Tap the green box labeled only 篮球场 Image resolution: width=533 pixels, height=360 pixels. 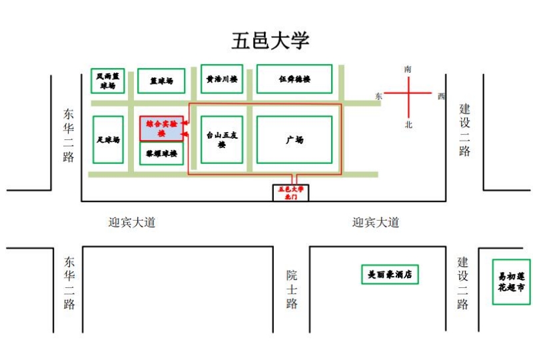pyautogui.click(x=161, y=81)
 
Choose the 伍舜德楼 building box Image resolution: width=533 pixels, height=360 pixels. pyautogui.click(x=294, y=79)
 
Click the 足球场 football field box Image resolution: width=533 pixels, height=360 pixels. pyautogui.click(x=108, y=140)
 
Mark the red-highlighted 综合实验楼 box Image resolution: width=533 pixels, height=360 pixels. pyautogui.click(x=161, y=128)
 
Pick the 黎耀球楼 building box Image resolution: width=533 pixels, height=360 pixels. pyautogui.click(x=161, y=154)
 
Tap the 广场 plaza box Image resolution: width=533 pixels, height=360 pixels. pyautogui.click(x=294, y=140)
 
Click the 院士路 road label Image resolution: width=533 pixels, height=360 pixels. pyautogui.click(x=292, y=289)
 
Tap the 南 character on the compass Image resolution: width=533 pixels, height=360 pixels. pyautogui.click(x=408, y=69)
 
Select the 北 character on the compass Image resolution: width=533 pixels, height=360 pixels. pyautogui.click(x=408, y=125)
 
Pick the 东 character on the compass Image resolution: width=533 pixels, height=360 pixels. pyautogui.click(x=379, y=96)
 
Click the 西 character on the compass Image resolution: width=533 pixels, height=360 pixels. pyautogui.click(x=441, y=96)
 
